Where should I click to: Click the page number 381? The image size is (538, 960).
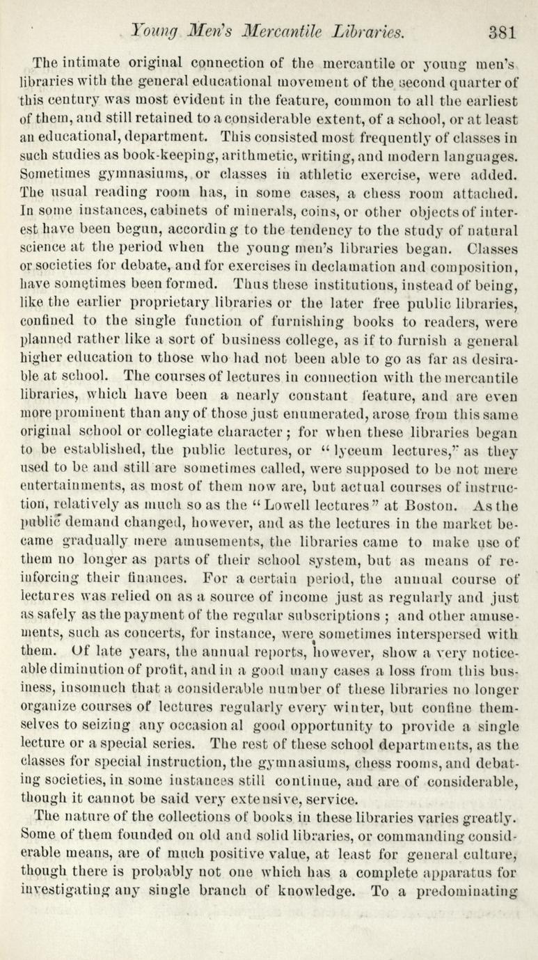[x=500, y=31]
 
